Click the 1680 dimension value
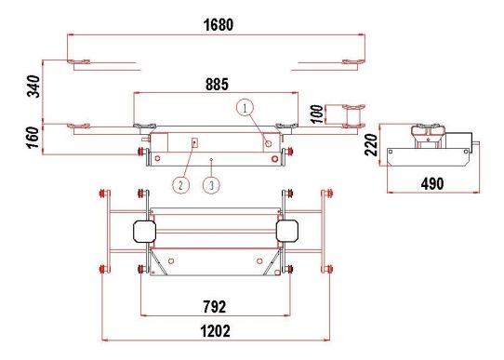click(219, 25)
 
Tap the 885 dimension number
click(217, 85)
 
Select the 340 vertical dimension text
click(33, 87)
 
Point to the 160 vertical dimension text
click(33, 138)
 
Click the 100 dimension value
click(317, 113)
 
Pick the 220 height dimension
click(371, 145)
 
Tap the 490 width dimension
click(432, 183)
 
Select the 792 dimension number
click(215, 307)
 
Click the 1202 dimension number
click(216, 331)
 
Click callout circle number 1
click(245, 108)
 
